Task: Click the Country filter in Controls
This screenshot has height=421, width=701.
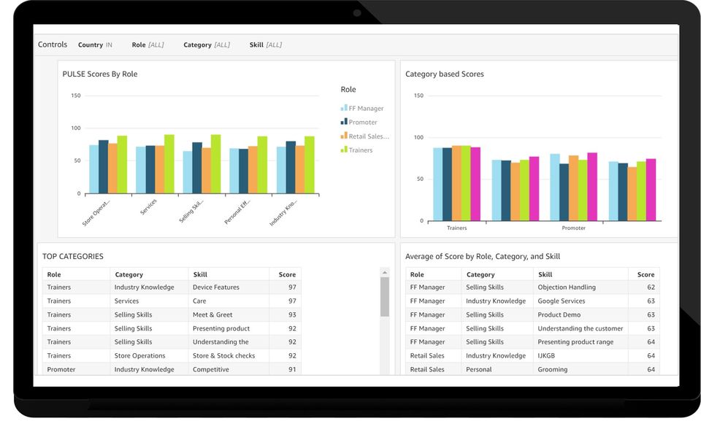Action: (95, 45)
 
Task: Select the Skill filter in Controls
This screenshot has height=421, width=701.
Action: (265, 45)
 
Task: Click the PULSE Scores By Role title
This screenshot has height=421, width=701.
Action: (100, 74)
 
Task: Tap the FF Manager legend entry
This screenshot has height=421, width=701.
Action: (365, 109)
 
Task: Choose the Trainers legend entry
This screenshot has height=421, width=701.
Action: (360, 150)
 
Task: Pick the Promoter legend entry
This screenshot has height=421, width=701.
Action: (362, 123)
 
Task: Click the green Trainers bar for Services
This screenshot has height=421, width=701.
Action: (169, 163)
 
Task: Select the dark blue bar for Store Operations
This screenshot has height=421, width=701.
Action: (103, 166)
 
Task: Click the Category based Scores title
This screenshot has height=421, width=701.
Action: (445, 74)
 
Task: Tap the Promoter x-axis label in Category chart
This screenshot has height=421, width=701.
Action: (573, 228)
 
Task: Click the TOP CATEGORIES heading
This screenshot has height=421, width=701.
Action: (73, 257)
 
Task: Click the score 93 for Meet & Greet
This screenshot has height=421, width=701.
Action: (292, 315)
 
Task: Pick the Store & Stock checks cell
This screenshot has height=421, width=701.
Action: (223, 356)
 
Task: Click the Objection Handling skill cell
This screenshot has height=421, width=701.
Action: (567, 287)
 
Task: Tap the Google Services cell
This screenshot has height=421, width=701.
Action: (562, 301)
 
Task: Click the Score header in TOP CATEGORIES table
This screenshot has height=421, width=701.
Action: (287, 275)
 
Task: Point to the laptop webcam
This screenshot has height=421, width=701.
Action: (357, 12)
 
